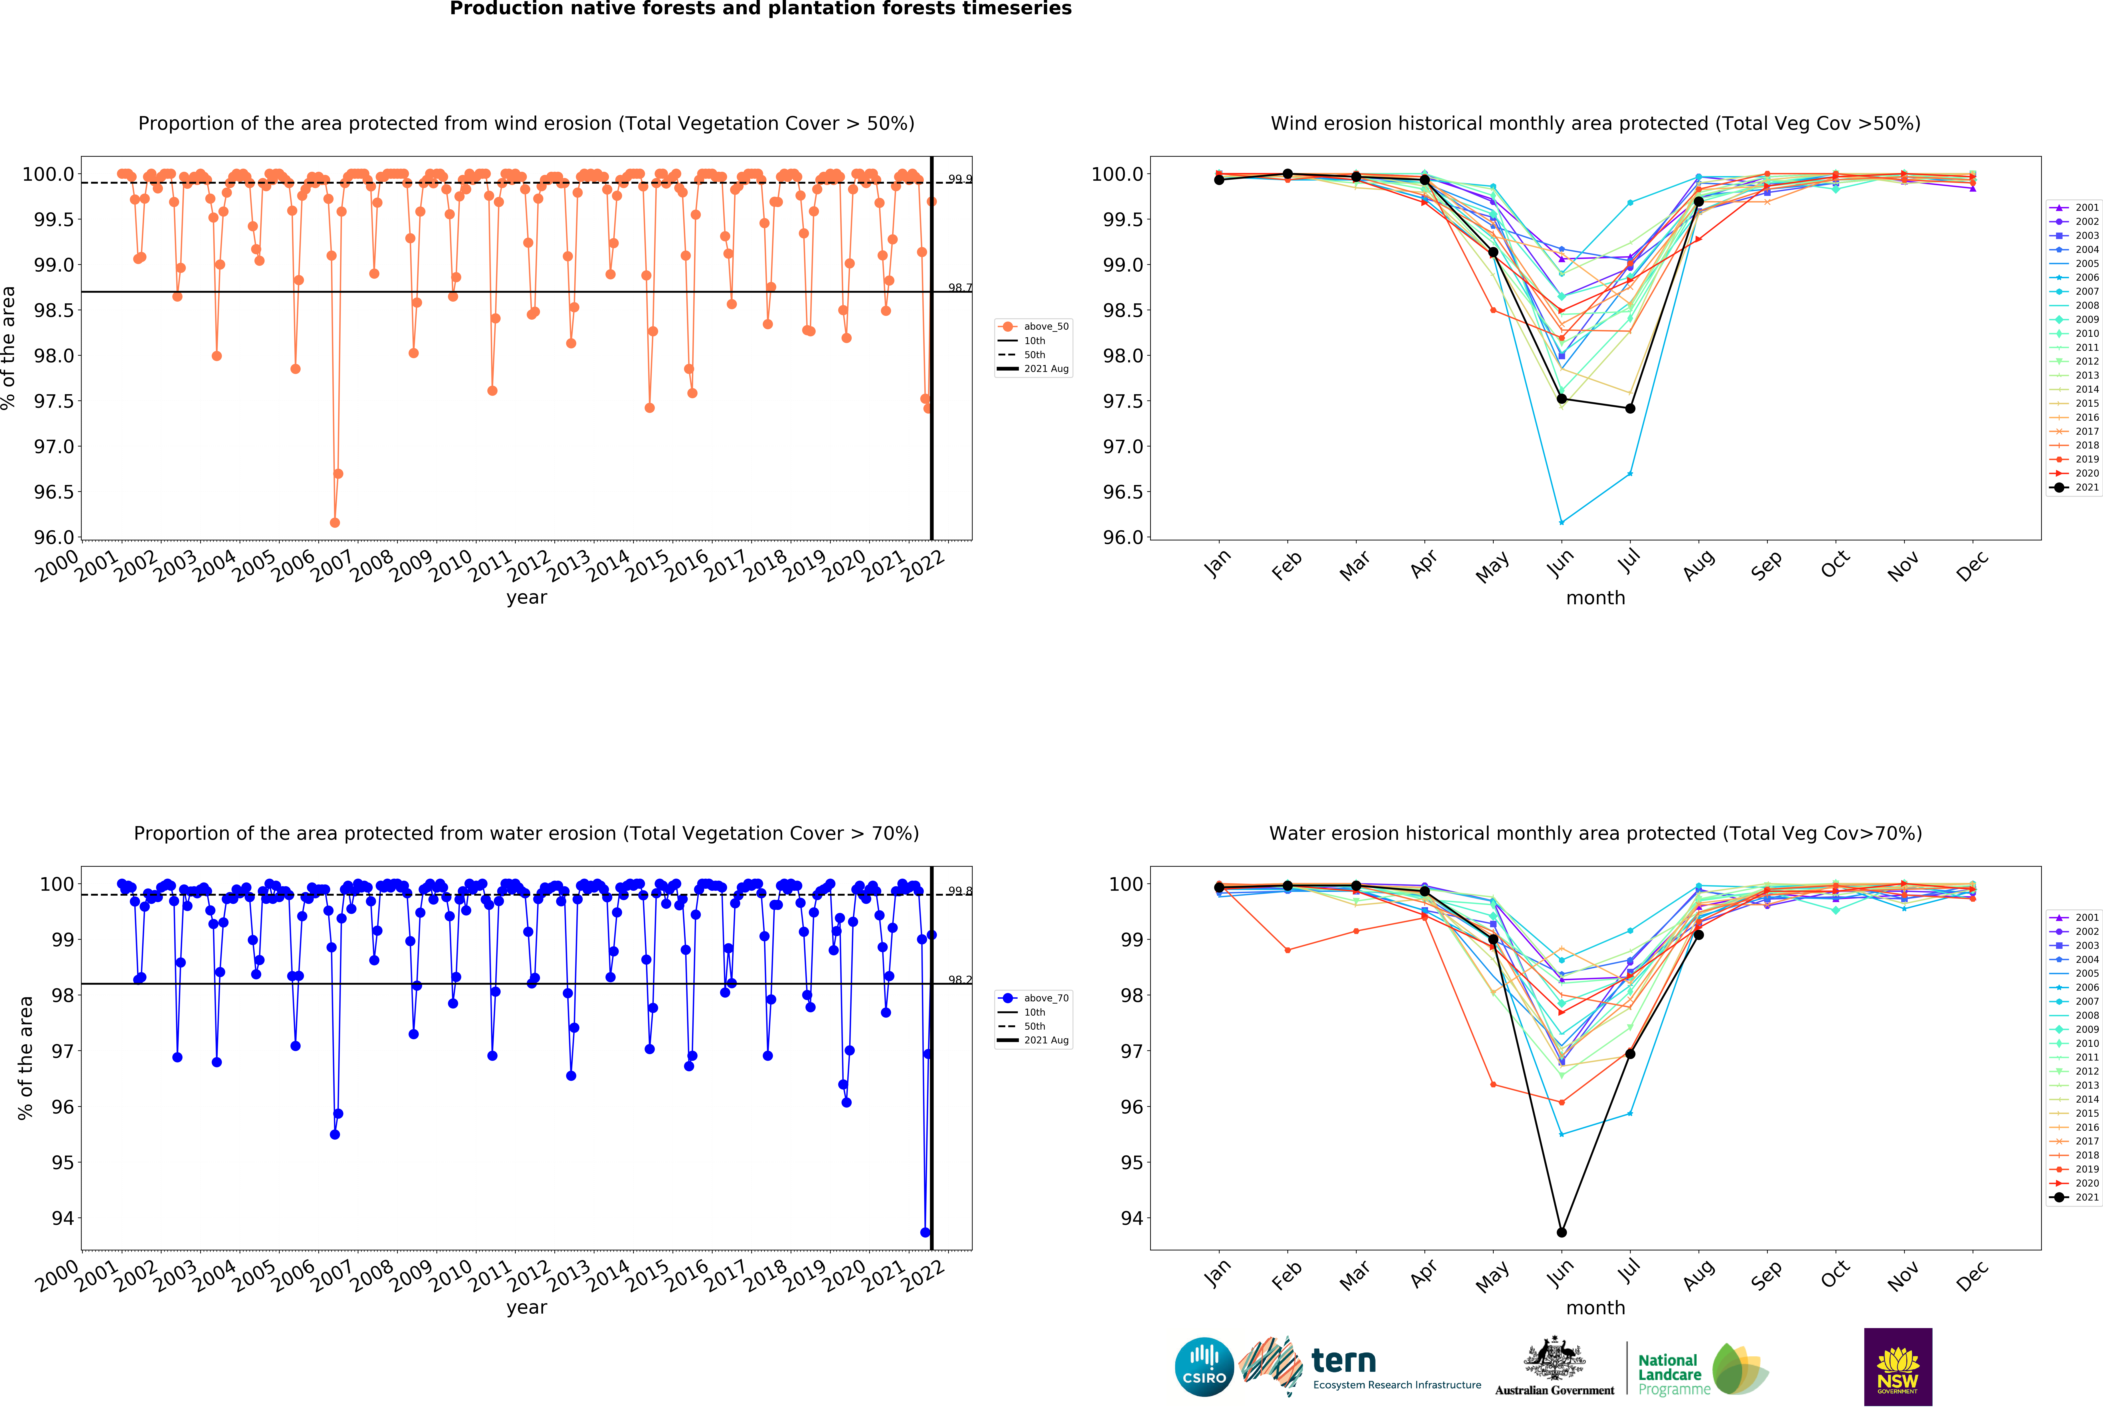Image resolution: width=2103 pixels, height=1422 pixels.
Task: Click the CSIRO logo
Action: [x=1204, y=1367]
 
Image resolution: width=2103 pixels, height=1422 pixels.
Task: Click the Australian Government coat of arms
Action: [x=1554, y=1358]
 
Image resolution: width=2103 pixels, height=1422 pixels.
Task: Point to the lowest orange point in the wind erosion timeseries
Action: [x=335, y=522]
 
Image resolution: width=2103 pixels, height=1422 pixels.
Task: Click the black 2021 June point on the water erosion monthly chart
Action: [x=1561, y=1232]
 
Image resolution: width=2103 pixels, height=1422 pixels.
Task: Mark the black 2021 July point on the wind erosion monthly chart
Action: [x=1630, y=408]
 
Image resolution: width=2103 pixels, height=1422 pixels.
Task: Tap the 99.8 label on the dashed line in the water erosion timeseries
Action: [x=959, y=891]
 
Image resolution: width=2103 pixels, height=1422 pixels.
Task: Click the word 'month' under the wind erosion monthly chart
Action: [x=1595, y=597]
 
